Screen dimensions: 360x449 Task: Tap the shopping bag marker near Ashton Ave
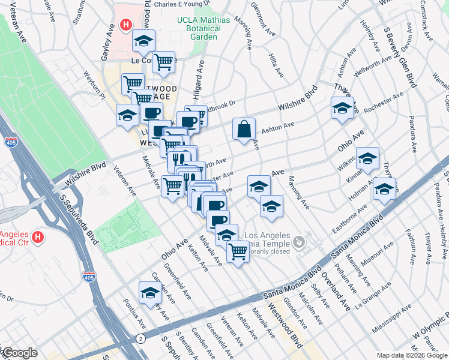coord(244,129)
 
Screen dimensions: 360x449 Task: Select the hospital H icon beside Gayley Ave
coord(126,25)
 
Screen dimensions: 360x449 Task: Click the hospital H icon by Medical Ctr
coord(38,238)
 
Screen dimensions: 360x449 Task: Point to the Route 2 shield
coord(140,340)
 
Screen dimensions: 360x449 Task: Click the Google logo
coord(20,353)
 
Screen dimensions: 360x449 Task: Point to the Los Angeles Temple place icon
coord(299,242)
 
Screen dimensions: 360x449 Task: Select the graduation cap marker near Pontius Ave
coord(150,293)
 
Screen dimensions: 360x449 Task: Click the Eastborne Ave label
coord(349,220)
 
